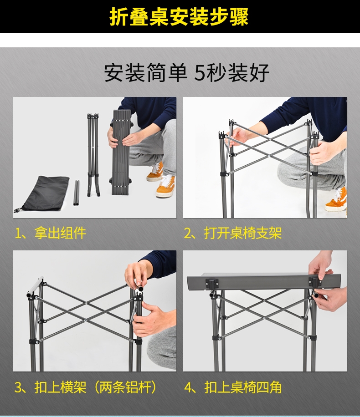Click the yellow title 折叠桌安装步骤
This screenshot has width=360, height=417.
pyautogui.click(x=179, y=16)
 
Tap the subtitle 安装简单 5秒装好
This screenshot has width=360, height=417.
pyautogui.click(x=186, y=72)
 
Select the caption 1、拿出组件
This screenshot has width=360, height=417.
pyautogui.click(x=50, y=233)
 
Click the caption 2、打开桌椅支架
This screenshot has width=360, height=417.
pyautogui.click(x=233, y=233)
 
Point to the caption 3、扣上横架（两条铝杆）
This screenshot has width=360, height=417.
pyautogui.click(x=86, y=387)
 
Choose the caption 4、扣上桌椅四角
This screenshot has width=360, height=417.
pyautogui.click(x=233, y=387)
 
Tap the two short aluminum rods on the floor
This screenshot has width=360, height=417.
pyautogui.click(x=77, y=193)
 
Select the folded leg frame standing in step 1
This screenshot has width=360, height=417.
pyautogui.click(x=93, y=155)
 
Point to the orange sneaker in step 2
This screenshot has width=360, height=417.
pyautogui.click(x=336, y=199)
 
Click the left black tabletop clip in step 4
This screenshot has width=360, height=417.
pyautogui.click(x=212, y=283)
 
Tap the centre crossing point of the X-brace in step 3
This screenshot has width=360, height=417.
pyautogui.click(x=86, y=303)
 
